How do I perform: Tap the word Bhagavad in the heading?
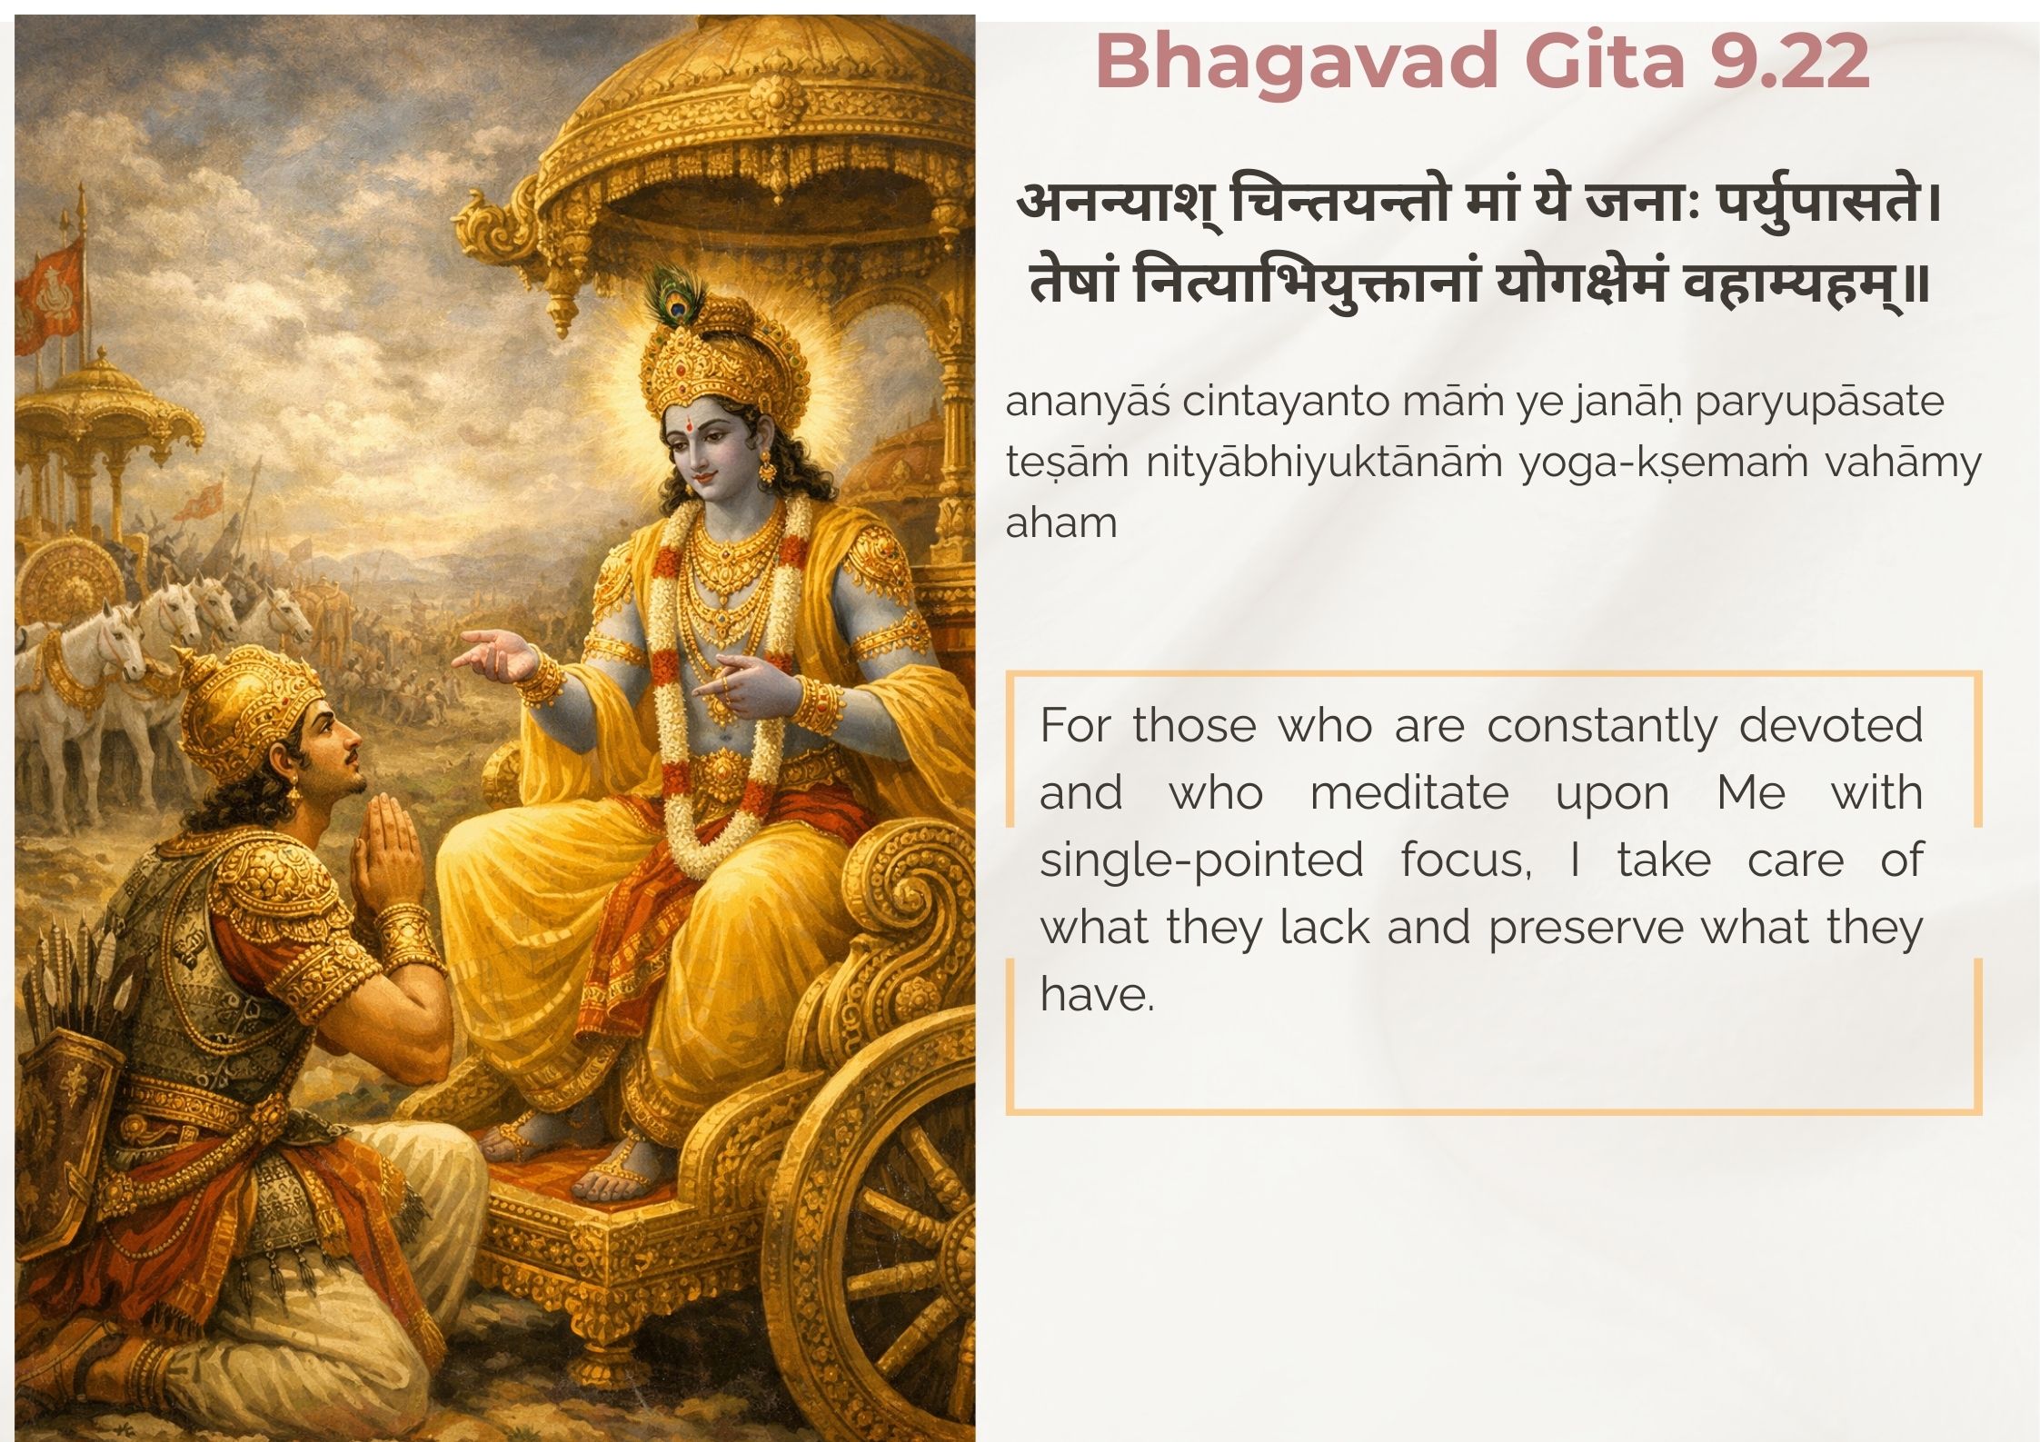1297,63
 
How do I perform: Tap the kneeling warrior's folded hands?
386,855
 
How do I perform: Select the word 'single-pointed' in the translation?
1201,861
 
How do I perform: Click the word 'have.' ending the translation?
1097,994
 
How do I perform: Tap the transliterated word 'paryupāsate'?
1819,403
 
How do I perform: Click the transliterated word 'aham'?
1060,522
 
